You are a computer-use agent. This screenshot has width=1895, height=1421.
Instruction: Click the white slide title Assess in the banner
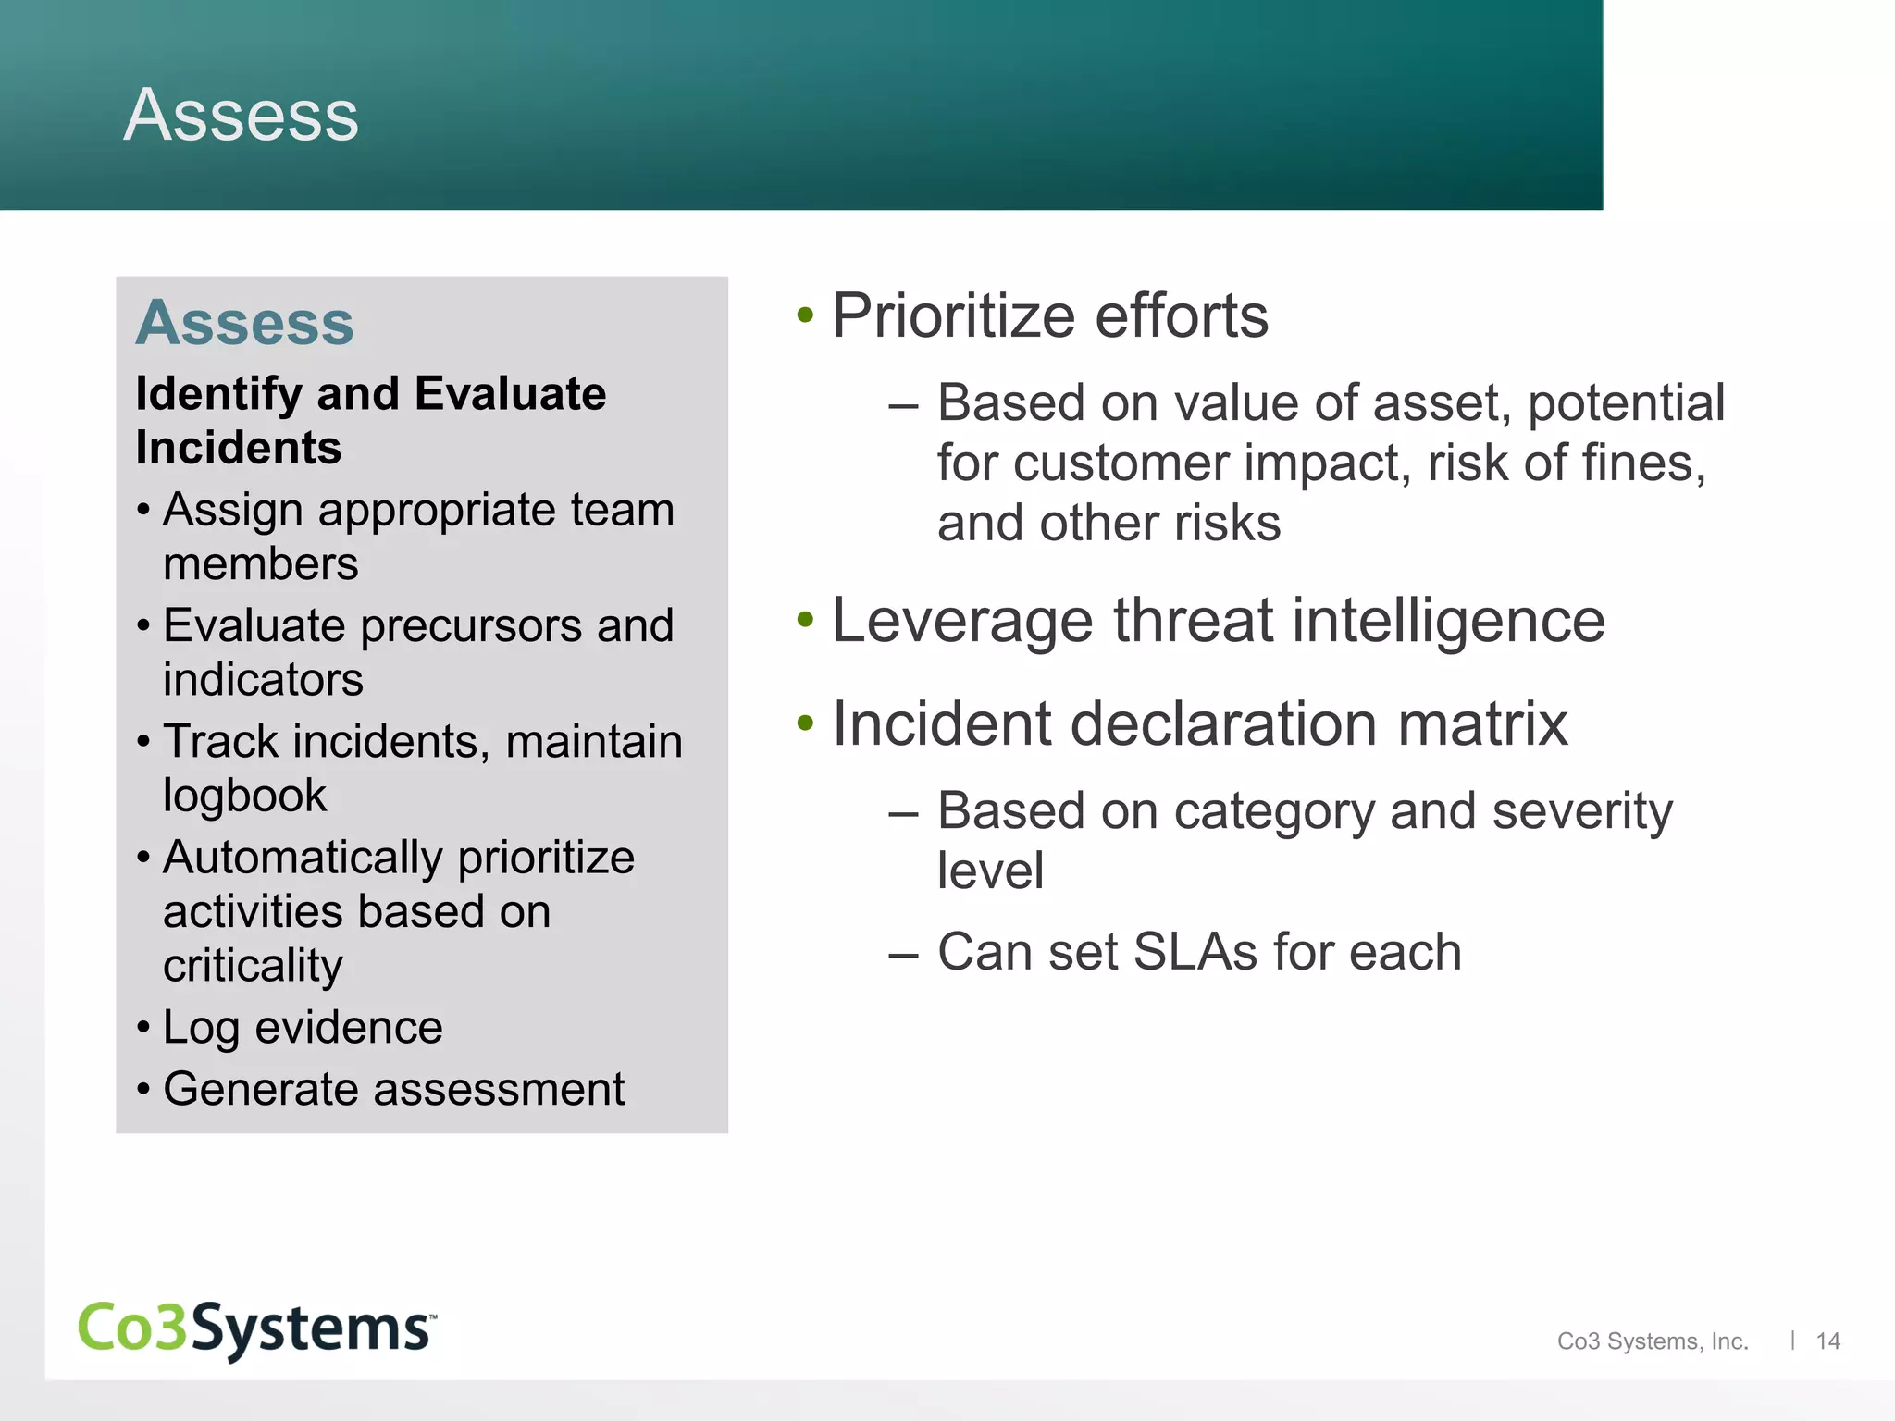[x=241, y=115]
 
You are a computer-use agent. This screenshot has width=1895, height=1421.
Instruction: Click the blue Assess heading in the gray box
[x=245, y=323]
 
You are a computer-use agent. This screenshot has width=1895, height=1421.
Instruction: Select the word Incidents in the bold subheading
[x=239, y=448]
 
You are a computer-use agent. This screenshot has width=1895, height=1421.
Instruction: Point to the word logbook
[x=244, y=796]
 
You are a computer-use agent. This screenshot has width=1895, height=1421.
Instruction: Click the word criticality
[x=253, y=966]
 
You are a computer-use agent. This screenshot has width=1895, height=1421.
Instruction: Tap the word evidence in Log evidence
[x=349, y=1028]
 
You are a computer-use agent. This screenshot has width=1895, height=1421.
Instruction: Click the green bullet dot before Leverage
[x=805, y=620]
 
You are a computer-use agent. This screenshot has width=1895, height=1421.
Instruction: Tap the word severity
[x=1582, y=811]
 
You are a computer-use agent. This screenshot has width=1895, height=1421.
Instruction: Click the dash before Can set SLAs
[x=902, y=954]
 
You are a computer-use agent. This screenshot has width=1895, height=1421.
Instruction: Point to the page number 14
[x=1827, y=1341]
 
